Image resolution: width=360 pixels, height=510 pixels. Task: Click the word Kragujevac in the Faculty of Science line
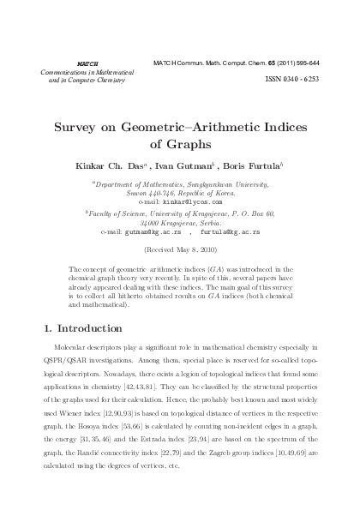pyautogui.click(x=201, y=214)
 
